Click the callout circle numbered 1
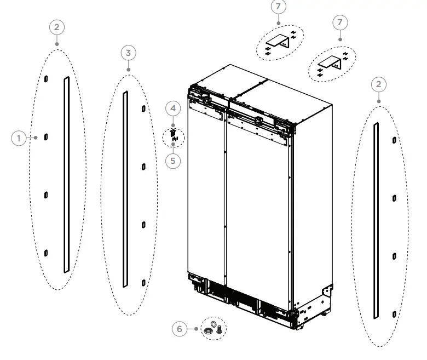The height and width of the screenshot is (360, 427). [x=19, y=138]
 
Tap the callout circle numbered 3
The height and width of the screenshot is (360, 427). [x=128, y=53]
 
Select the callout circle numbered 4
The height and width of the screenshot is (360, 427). [x=173, y=108]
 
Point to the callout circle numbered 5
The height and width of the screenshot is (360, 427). [x=173, y=162]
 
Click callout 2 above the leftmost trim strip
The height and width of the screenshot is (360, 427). [x=57, y=26]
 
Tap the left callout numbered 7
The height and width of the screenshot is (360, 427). [x=279, y=7]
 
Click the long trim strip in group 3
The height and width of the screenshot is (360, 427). [x=125, y=189]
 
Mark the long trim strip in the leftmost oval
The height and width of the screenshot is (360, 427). [x=66, y=174]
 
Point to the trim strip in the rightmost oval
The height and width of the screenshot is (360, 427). [x=376, y=221]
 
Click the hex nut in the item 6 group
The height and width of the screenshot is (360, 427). [x=209, y=332]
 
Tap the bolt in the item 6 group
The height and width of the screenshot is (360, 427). [x=220, y=329]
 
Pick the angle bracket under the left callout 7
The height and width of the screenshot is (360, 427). [x=280, y=42]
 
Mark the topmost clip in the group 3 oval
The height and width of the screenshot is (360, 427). [x=143, y=108]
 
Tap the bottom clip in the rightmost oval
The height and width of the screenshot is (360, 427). [x=394, y=314]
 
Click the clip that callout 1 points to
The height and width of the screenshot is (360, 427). [x=47, y=136]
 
